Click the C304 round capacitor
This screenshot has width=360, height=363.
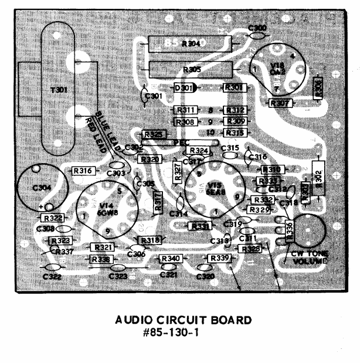(39, 188)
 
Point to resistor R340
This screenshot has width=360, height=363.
(170, 259)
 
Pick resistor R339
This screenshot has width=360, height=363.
(218, 259)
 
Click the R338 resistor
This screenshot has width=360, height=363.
(100, 259)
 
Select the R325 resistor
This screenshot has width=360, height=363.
(153, 134)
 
